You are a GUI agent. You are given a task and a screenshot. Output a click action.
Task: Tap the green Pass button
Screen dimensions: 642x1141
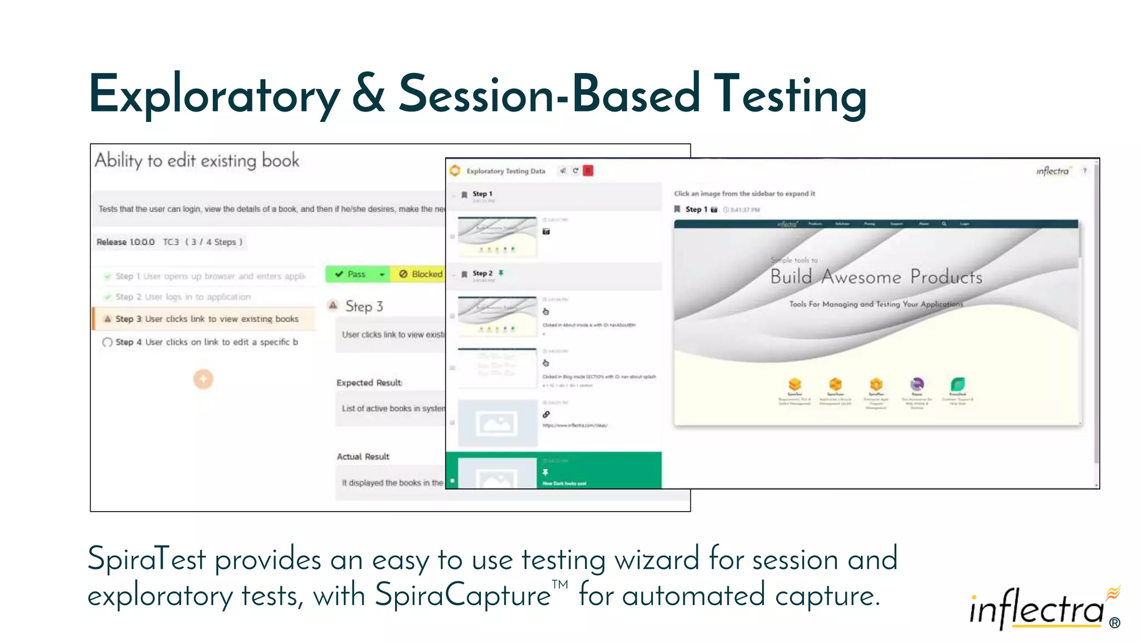[x=351, y=274]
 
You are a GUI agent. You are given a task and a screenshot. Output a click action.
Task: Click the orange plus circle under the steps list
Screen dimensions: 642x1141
[x=203, y=379]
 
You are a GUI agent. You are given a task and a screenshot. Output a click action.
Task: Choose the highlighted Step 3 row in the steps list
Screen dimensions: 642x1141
[x=206, y=319]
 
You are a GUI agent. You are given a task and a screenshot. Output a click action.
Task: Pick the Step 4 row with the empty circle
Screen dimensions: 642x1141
[x=206, y=342]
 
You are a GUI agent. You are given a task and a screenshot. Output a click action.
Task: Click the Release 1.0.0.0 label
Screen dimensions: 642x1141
[x=126, y=242]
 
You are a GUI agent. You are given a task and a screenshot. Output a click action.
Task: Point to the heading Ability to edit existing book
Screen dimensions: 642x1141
[x=197, y=161]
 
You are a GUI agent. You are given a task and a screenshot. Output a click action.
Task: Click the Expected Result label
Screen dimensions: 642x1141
[x=369, y=383]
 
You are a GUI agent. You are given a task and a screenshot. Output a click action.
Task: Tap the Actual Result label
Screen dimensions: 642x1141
[x=363, y=456]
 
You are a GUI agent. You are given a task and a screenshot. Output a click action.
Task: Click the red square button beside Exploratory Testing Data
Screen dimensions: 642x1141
[x=588, y=171]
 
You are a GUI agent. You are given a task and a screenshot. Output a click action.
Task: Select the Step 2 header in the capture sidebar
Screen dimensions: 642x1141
[x=482, y=274]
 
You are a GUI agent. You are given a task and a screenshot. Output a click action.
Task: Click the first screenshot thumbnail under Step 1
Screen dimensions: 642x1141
[x=498, y=237]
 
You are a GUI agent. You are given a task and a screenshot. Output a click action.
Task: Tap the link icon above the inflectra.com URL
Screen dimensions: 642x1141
[x=546, y=415]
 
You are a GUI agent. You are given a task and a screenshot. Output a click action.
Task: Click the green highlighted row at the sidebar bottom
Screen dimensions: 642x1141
[x=553, y=471]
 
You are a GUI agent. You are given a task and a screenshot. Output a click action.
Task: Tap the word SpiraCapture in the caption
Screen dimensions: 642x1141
[x=463, y=595]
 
